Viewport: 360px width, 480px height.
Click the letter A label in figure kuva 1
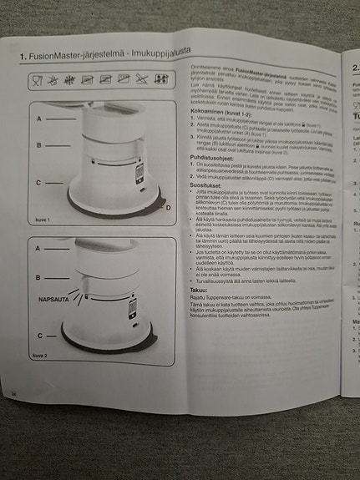point(38,119)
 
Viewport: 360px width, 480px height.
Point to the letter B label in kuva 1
point(38,144)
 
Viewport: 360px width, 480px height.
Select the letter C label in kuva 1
point(38,182)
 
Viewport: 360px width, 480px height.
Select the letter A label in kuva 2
point(38,249)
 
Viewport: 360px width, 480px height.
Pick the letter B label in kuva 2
point(38,275)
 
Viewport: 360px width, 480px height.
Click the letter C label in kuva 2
point(38,334)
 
